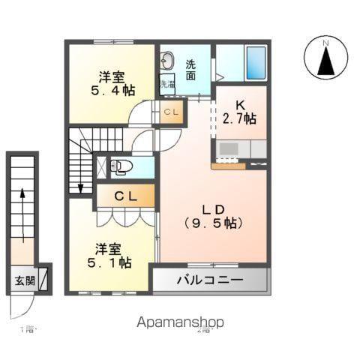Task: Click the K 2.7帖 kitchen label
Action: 239,111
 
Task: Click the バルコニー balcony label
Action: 210,281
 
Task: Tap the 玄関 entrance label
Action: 23,281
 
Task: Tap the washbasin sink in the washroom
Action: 167,60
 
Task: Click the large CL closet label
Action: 125,196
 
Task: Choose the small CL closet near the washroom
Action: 170,112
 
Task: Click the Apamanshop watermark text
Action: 180,322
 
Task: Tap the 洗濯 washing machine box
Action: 166,84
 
